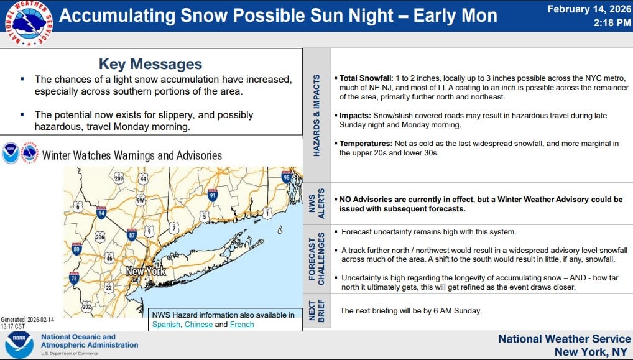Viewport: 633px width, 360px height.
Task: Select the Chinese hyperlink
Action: [198, 325]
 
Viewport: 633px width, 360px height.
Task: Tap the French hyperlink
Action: [242, 325]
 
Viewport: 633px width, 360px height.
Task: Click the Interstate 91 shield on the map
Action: [213, 195]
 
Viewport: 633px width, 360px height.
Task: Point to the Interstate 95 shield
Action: [287, 177]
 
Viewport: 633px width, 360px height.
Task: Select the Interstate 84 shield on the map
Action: [101, 213]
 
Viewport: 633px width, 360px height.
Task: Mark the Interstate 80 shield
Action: [77, 250]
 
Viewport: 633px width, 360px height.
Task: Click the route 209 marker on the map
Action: [119, 179]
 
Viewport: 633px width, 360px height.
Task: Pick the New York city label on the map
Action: [146, 272]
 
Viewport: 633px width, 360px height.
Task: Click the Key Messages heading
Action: [150, 64]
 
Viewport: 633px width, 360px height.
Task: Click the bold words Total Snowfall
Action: [366, 78]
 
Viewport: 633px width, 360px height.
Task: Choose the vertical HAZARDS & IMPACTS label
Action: [316, 116]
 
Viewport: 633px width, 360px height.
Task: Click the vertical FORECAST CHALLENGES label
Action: [316, 258]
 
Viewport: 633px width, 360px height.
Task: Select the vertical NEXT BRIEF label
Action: [316, 311]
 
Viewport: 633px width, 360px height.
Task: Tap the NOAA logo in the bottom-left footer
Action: [19, 344]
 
